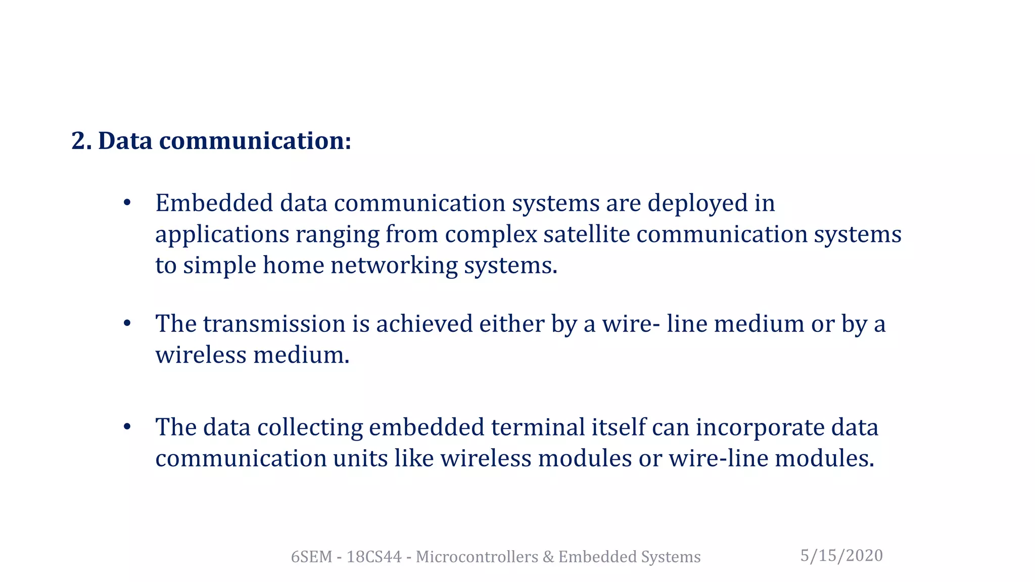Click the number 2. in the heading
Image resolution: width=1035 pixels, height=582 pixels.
pyautogui.click(x=81, y=141)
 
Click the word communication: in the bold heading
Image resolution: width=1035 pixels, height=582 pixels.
pyautogui.click(x=255, y=141)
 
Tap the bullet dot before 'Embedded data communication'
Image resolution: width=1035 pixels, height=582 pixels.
pyautogui.click(x=127, y=203)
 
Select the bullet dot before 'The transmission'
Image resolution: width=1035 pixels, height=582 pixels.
pyautogui.click(x=127, y=323)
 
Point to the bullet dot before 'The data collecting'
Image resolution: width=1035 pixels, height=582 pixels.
pyautogui.click(x=127, y=427)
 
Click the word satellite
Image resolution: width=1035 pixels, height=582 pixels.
pyautogui.click(x=586, y=234)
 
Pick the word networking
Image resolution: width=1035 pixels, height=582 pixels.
pyautogui.click(x=394, y=266)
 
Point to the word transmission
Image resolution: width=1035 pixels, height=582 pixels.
pyautogui.click(x=274, y=324)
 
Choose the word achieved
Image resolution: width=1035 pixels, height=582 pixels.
pyautogui.click(x=424, y=324)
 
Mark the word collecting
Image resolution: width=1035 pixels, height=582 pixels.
pyautogui.click(x=310, y=428)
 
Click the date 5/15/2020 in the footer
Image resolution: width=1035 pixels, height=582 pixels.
pyautogui.click(x=841, y=556)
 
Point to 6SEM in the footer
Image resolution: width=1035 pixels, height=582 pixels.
pyautogui.click(x=311, y=557)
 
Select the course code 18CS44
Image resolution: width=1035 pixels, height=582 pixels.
pyautogui.click(x=373, y=557)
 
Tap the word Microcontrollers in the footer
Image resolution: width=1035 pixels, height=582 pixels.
pyautogui.click(x=477, y=557)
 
